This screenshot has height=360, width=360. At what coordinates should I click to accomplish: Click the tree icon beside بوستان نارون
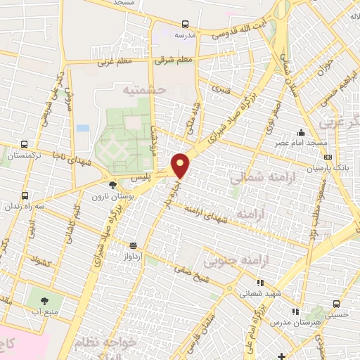click(112, 186)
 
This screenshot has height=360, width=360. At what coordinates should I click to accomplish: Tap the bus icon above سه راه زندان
click(25, 195)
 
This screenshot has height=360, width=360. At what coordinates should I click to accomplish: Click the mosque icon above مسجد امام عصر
click(302, 133)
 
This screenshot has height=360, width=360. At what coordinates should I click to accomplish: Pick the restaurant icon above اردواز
click(134, 246)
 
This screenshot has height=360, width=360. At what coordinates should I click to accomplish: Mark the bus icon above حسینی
click(336, 304)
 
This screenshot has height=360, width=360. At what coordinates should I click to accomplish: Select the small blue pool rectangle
click(83, 129)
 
